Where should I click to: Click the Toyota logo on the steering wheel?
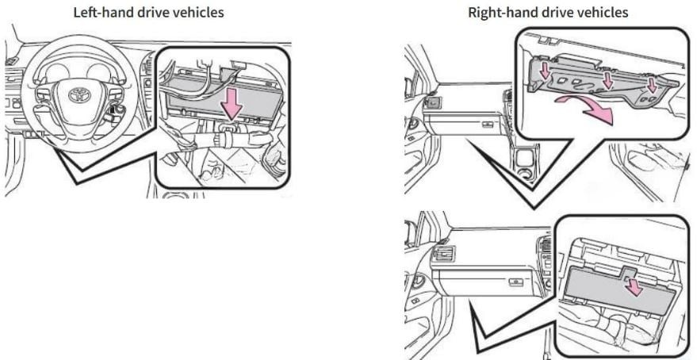coord(79,94)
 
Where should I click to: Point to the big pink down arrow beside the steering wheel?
coord(232,105)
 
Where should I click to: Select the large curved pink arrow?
coord(586,109)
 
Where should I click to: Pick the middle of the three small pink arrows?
coord(607,80)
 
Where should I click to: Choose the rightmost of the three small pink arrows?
coord(652,86)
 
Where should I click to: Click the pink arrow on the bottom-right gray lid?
coord(634,287)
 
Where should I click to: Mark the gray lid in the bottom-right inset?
coord(622,288)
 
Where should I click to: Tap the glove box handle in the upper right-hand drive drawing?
coord(488,124)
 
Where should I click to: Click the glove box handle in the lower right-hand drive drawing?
coord(515,281)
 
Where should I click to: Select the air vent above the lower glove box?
coord(443,255)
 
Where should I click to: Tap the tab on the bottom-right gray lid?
coord(629,271)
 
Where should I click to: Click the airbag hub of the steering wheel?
coord(79,95)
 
